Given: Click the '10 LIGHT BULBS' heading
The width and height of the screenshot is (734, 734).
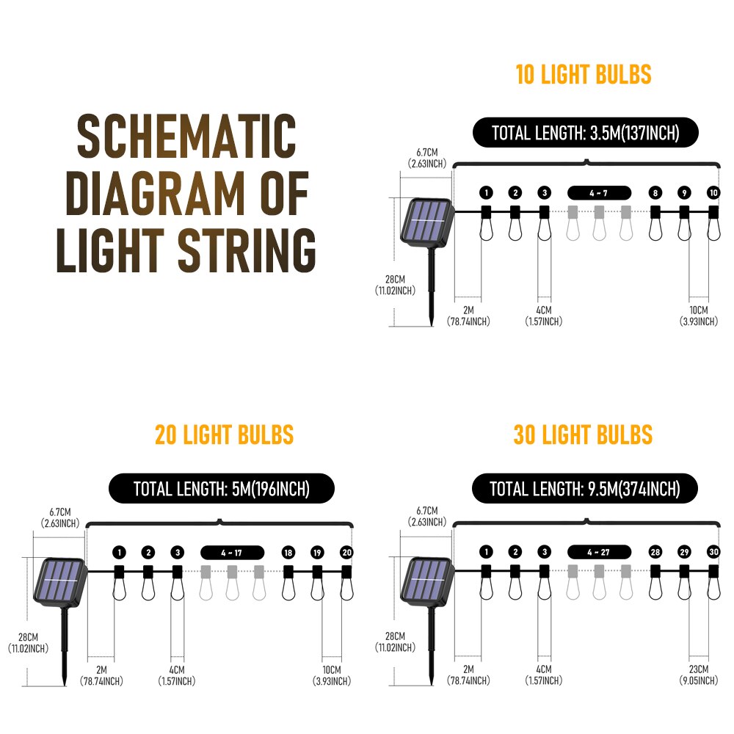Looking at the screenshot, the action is click(584, 75).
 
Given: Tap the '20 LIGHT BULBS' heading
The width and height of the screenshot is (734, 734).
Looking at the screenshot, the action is click(224, 435).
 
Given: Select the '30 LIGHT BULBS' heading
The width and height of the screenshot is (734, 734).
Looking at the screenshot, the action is click(584, 435).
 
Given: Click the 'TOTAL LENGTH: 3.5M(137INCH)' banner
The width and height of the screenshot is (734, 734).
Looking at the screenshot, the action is click(586, 133).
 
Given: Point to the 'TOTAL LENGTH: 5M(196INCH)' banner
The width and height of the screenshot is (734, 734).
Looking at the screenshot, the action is click(222, 489).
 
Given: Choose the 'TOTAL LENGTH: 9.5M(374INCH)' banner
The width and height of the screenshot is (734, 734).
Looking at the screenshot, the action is click(585, 489).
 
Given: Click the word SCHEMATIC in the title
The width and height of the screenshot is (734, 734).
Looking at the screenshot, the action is click(186, 136).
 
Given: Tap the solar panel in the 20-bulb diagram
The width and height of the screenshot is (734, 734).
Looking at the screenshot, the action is click(60, 582).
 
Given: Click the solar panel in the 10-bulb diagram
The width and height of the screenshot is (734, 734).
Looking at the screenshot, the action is click(427, 222).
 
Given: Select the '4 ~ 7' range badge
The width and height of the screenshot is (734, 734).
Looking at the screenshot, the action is click(599, 193).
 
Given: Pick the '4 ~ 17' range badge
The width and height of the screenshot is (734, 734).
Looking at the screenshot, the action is click(232, 553).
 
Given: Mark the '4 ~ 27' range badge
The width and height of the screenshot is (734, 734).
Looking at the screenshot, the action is click(599, 553).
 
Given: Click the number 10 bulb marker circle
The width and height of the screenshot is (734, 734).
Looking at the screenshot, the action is click(713, 192).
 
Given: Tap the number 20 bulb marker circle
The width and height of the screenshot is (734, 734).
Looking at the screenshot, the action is click(346, 553).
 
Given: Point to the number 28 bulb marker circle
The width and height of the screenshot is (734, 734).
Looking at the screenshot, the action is click(655, 552).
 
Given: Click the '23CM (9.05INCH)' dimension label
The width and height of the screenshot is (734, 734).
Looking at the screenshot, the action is click(699, 675).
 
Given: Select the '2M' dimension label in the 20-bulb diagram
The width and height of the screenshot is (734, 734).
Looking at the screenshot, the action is click(101, 670).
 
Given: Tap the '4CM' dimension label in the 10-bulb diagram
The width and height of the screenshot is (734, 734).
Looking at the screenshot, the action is click(543, 310).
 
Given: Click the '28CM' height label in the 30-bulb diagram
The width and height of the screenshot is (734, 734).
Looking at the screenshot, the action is click(395, 636).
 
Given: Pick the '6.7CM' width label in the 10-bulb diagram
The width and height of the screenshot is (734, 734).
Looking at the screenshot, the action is click(427, 153).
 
